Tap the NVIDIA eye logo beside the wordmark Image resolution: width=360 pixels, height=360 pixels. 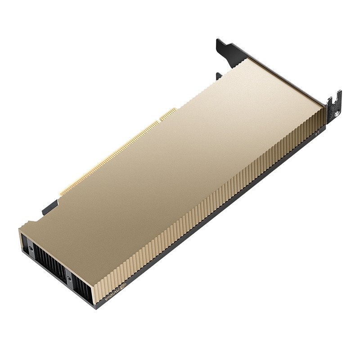click(122, 287)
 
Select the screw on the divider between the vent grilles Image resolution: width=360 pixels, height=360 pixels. click(69, 278)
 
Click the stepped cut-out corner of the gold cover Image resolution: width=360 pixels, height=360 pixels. click(31, 223)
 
